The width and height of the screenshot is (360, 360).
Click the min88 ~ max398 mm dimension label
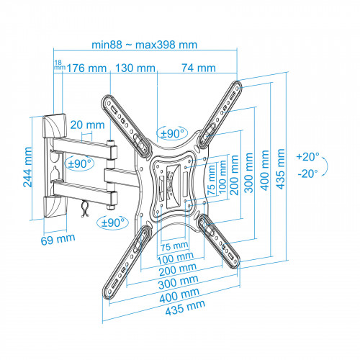pos(145,45)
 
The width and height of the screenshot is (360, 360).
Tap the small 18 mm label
pos(59,65)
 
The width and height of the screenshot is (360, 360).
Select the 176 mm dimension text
pos(86,68)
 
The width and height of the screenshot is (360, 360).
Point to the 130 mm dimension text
pos(135,68)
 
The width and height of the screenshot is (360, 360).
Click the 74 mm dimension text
pos(199,68)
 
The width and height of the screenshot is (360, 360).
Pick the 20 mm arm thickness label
pos(87,125)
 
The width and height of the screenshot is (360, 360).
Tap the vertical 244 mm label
pos(27,167)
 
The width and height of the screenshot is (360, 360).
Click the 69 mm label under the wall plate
pos(58,239)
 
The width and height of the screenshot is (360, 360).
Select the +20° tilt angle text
pos(308,157)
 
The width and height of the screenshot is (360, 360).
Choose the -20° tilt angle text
pos(308,174)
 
